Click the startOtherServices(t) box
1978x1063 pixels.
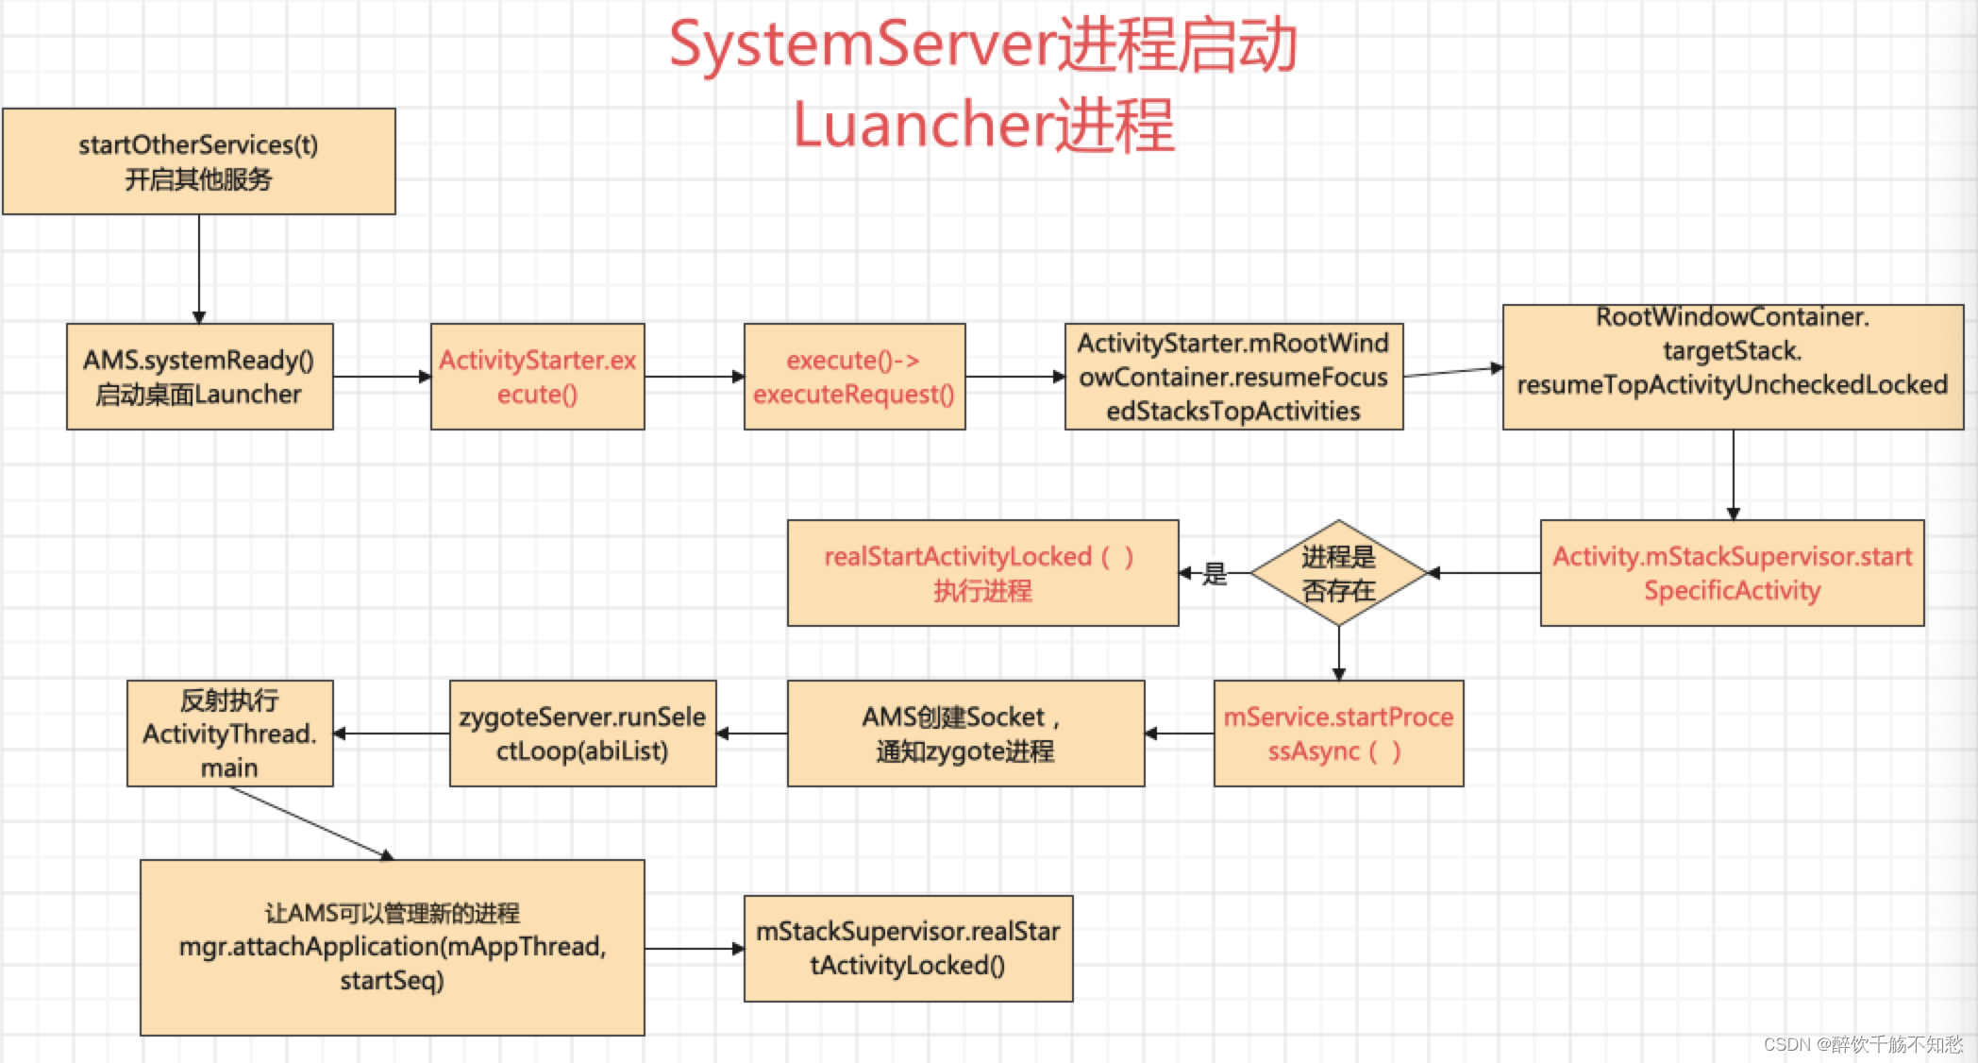(198, 161)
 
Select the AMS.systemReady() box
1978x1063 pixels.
(199, 377)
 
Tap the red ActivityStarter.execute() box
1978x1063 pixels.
(537, 377)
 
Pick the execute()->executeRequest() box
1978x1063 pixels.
(854, 377)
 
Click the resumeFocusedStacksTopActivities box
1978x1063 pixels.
(1233, 377)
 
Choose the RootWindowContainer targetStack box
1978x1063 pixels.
(1732, 367)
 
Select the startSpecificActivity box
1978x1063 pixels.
(1732, 573)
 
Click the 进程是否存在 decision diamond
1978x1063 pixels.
(1338, 573)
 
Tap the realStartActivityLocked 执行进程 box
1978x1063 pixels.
(982, 573)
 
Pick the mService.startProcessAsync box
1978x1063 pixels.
(1338, 734)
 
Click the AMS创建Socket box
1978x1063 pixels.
(965, 734)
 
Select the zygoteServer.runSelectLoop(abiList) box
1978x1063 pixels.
(582, 734)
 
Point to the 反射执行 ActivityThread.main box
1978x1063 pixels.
(229, 734)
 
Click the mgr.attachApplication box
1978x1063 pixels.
(392, 947)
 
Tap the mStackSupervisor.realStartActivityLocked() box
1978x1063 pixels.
(908, 948)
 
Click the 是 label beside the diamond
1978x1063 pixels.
(1215, 573)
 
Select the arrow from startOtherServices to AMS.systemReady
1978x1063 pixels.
(199, 269)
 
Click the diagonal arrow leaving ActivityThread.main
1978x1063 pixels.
(311, 822)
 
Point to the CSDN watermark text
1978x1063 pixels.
(1862, 1044)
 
